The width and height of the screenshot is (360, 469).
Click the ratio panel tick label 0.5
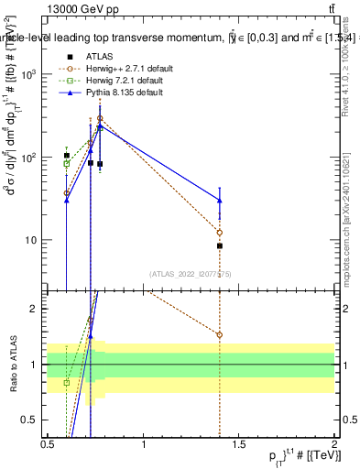click(x=31, y=420)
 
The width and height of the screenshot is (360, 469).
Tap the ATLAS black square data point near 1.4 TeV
click(x=220, y=245)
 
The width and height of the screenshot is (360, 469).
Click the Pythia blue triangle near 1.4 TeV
click(x=220, y=200)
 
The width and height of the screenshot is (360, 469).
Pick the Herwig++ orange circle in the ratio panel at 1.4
click(x=220, y=334)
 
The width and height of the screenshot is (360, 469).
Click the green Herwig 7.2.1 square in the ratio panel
click(x=66, y=382)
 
